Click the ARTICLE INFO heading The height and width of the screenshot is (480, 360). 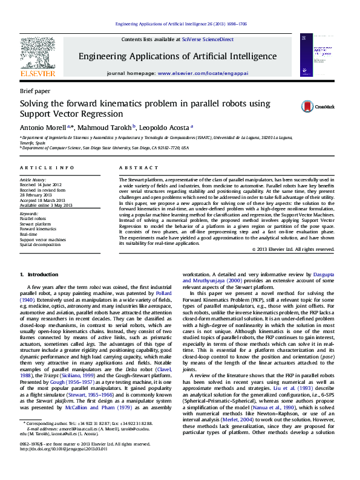48,167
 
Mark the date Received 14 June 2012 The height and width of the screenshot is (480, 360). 41,185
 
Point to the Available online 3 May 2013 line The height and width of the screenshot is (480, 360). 45,204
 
